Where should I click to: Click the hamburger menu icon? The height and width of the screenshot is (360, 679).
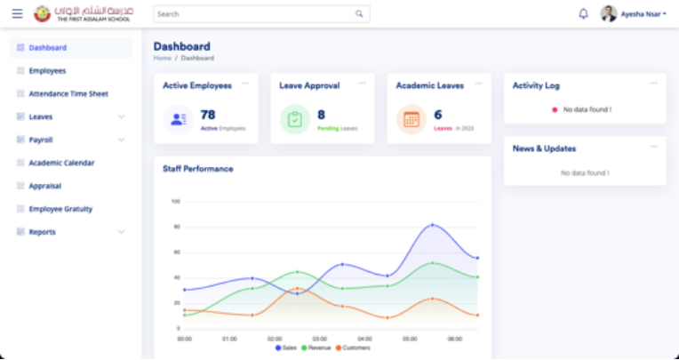coord(17,14)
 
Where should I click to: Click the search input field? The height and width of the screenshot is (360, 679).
coord(253,14)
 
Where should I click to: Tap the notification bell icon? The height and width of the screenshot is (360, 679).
coord(583,14)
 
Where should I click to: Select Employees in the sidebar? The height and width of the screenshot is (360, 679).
coord(47,70)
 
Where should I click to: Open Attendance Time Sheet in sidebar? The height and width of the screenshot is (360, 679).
coord(68,93)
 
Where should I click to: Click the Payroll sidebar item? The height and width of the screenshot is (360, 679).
coord(41,140)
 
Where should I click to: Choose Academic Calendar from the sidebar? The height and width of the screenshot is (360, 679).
coord(61,163)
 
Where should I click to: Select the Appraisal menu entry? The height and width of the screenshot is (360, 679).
coord(44,186)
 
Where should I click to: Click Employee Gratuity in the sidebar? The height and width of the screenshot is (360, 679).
coord(60,209)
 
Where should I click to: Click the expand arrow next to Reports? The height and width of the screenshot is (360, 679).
coord(122,232)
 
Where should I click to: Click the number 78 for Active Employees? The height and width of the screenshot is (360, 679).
coord(208,115)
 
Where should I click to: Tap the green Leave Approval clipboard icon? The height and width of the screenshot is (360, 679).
coord(295,119)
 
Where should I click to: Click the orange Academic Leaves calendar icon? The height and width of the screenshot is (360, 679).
coord(411,119)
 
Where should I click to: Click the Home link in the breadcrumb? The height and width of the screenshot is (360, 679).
coord(162,58)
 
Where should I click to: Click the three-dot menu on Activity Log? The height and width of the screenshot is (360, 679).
coord(653,83)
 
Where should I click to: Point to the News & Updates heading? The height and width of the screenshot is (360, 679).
coord(544,148)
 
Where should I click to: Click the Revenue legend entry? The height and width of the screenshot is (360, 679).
coord(316,348)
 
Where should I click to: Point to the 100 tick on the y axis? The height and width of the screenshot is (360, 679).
coord(175,202)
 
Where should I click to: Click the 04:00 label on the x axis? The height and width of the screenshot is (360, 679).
coord(364,339)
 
